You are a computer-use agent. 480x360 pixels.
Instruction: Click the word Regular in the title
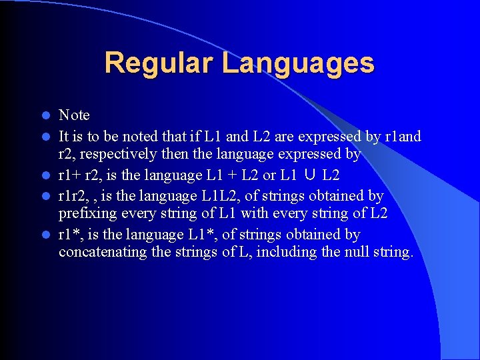(159, 63)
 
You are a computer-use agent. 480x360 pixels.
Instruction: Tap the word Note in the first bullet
(74, 116)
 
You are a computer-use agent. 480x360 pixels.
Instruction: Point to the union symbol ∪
(309, 176)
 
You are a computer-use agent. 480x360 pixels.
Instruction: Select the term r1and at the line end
(403, 136)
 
